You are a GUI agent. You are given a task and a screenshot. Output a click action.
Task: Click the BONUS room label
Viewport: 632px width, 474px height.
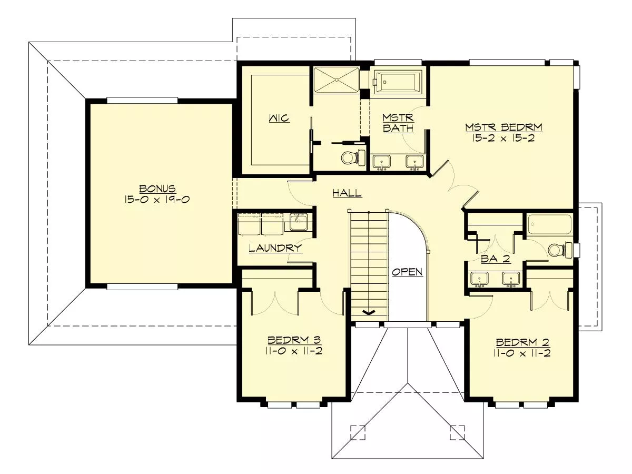pos(157,189)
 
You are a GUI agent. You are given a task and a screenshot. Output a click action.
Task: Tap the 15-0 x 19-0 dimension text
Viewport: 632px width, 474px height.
pos(157,199)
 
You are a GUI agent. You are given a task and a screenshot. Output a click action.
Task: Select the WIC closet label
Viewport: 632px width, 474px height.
pos(279,118)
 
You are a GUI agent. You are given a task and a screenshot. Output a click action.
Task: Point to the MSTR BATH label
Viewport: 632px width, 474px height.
pos(398,123)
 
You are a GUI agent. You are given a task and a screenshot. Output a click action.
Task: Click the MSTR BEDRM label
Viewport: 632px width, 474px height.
pos(504,127)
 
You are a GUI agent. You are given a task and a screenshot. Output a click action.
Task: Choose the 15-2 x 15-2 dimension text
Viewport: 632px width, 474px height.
pos(503,138)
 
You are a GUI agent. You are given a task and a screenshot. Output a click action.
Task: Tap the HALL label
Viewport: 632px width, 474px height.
pos(347,193)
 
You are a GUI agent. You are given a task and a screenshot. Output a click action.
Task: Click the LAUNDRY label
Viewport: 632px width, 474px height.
pos(275,248)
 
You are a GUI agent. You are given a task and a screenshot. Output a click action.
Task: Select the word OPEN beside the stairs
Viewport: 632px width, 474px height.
pos(408,272)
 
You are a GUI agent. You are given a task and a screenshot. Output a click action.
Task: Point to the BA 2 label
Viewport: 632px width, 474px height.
pos(496,259)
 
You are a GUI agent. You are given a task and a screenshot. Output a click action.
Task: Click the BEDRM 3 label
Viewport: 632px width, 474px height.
pos(294,340)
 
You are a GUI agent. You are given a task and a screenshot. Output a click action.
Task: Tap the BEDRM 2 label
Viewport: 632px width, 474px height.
pos(522,342)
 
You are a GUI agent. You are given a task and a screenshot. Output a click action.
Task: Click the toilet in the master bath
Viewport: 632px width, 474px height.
pos(353,157)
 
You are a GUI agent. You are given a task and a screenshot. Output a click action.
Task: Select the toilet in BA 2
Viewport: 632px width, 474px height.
pos(560,250)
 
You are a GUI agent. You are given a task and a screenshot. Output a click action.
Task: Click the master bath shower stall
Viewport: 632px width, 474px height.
pos(337,80)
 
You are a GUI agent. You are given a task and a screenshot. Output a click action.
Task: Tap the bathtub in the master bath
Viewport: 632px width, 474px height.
pos(398,82)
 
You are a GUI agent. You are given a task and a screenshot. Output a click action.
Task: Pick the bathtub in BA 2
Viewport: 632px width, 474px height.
pos(550,225)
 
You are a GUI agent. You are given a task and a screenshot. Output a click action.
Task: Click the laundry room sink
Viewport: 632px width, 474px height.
pos(299,222)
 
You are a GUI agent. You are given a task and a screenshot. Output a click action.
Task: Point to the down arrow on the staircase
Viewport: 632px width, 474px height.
pos(369,312)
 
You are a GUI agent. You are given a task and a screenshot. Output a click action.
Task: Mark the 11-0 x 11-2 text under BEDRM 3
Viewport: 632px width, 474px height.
pos(294,351)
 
